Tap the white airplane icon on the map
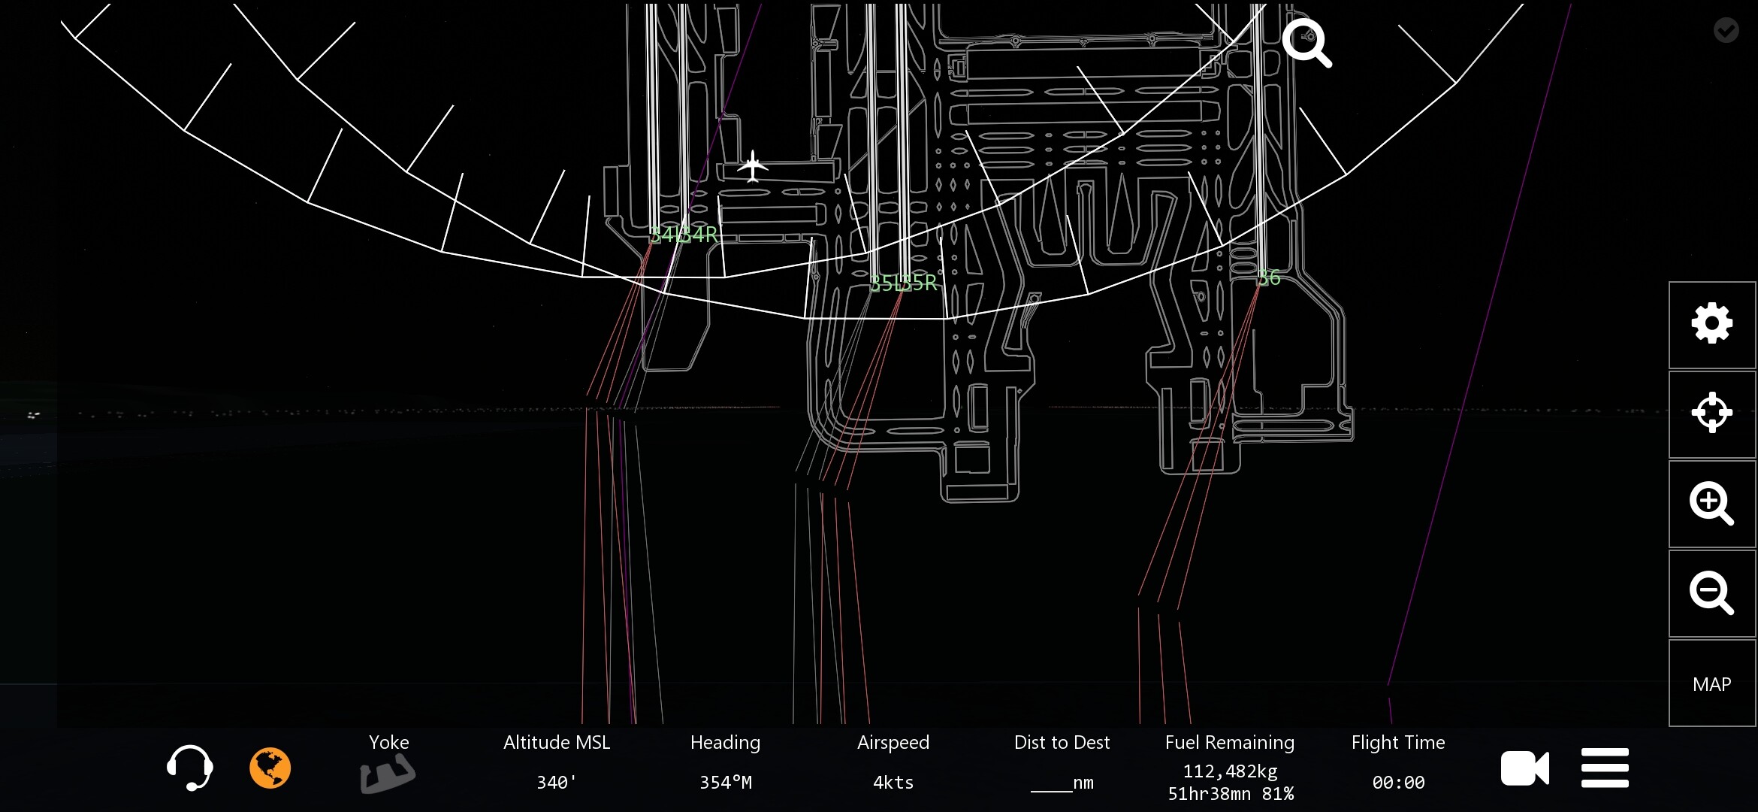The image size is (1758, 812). point(752,166)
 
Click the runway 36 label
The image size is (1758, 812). point(1270,278)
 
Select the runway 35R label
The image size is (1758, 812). point(921,283)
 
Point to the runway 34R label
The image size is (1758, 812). point(701,235)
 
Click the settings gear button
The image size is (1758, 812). point(1711,324)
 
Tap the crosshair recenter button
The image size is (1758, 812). point(1711,413)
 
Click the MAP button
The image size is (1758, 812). point(1711,683)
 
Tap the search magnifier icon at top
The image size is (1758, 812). point(1306,43)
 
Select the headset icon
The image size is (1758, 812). point(189,768)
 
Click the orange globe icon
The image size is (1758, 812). point(270,768)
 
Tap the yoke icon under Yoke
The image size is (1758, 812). point(387,774)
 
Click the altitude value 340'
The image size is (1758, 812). point(557,783)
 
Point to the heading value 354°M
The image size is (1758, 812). point(725,783)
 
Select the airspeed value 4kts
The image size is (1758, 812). point(893,783)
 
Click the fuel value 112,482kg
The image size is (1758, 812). point(1230,771)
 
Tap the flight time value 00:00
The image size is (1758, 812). point(1398,783)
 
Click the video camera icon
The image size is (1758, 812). point(1524,768)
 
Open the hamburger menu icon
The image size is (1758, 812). point(1605,768)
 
